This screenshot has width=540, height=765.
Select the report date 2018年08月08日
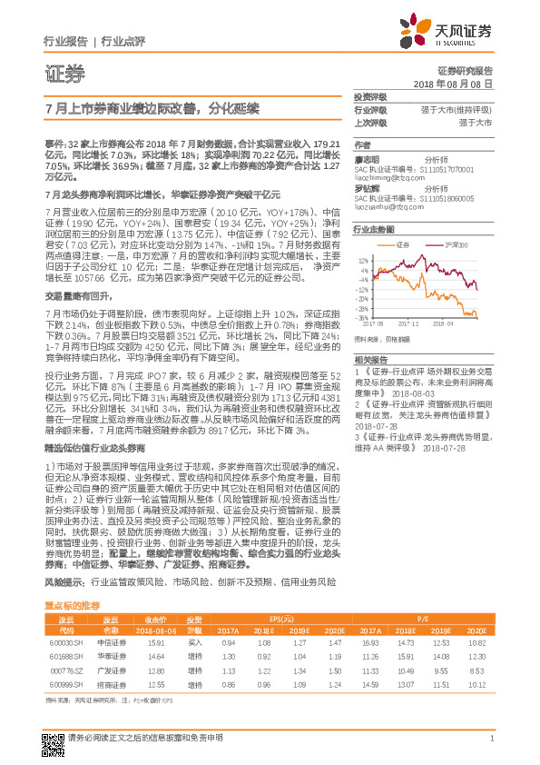[453, 83]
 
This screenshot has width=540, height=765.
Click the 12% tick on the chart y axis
[364, 259]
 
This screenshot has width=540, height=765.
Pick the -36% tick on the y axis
[363, 315]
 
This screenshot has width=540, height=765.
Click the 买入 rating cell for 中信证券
[194, 617]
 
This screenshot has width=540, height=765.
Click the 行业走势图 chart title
[373, 232]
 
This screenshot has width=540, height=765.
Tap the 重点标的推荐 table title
[73, 578]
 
